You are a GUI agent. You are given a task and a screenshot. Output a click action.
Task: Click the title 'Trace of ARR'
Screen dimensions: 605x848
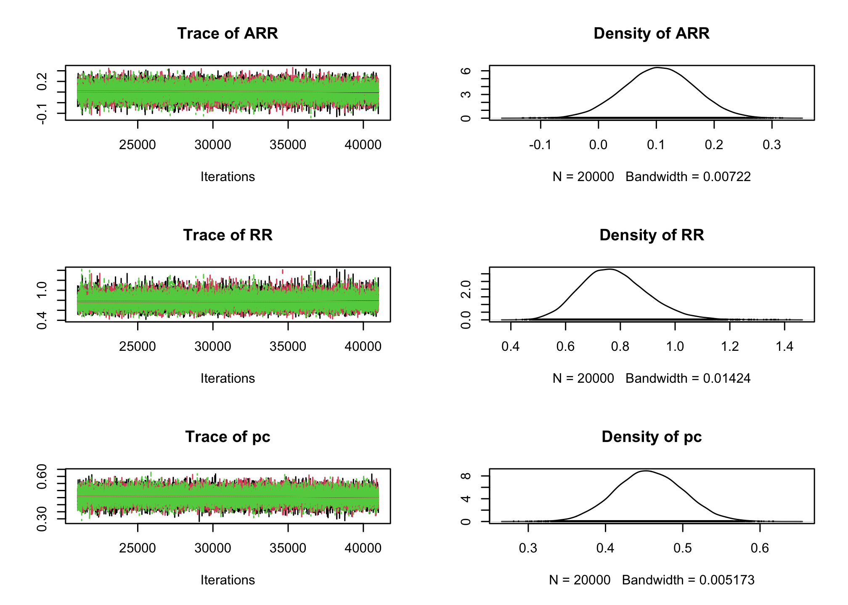(x=228, y=34)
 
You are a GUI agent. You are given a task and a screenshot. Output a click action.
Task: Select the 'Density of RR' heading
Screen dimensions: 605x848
(x=652, y=235)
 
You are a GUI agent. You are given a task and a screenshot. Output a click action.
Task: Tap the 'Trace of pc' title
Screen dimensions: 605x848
(x=228, y=437)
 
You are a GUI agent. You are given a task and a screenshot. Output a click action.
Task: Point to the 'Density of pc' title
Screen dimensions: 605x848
(x=652, y=437)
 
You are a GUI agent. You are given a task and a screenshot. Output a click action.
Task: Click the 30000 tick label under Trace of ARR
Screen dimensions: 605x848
(x=213, y=145)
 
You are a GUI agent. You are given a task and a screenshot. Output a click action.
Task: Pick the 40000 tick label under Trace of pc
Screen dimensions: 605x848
(x=363, y=548)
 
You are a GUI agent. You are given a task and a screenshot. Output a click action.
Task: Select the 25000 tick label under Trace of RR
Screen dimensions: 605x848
(x=138, y=347)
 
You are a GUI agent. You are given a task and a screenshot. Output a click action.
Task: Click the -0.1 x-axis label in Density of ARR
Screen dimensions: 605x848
(x=540, y=145)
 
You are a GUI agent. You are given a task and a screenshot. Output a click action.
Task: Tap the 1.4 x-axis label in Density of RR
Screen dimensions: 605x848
(x=784, y=347)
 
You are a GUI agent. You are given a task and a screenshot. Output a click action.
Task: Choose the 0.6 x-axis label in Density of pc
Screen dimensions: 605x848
(x=760, y=548)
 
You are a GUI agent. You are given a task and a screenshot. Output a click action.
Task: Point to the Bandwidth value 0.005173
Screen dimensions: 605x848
(x=727, y=580)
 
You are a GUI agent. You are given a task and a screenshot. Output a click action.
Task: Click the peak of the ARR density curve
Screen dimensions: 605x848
(x=657, y=67)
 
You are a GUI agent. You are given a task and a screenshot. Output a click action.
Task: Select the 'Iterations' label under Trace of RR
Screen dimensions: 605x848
(x=228, y=379)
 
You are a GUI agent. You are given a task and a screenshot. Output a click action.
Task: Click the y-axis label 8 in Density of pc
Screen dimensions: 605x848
(x=466, y=476)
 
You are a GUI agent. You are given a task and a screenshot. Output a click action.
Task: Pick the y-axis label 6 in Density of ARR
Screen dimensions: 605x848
(x=466, y=71)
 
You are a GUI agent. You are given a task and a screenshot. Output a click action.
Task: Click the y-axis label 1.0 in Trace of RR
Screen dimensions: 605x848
(x=42, y=290)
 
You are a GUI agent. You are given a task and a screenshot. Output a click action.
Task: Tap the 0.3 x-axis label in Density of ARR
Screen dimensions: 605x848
(x=772, y=145)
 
